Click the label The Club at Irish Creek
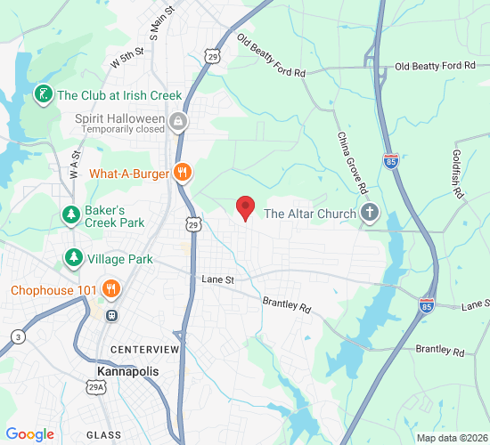click(119, 95)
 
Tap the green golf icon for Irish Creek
click(42, 94)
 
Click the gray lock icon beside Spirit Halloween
click(179, 120)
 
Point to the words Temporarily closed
click(123, 130)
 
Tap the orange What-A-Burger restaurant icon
click(183, 173)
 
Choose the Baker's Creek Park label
click(114, 216)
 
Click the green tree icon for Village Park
click(72, 259)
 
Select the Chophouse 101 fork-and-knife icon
click(111, 288)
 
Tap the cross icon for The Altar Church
click(369, 213)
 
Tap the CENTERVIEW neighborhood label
click(145, 350)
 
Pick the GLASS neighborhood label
click(104, 433)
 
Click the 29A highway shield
click(94, 387)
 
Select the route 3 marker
click(19, 336)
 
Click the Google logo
click(29, 433)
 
